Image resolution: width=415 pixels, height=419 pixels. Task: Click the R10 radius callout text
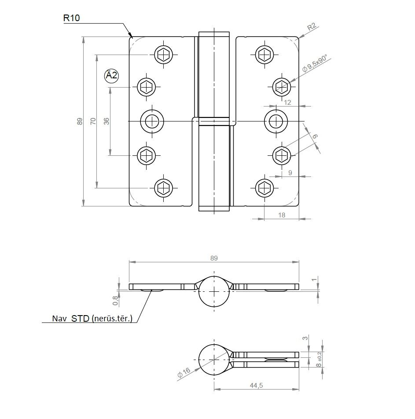(x=71, y=18)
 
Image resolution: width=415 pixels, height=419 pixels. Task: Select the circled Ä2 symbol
(x=111, y=76)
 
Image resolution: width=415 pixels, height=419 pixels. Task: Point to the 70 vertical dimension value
(x=93, y=121)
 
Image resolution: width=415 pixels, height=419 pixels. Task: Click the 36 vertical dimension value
(x=107, y=121)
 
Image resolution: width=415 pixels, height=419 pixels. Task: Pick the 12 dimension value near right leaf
(x=287, y=103)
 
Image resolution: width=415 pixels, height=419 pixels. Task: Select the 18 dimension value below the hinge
(x=282, y=215)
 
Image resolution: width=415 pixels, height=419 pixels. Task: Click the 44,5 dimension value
(x=256, y=386)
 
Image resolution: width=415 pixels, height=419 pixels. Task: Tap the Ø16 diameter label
(x=184, y=372)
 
